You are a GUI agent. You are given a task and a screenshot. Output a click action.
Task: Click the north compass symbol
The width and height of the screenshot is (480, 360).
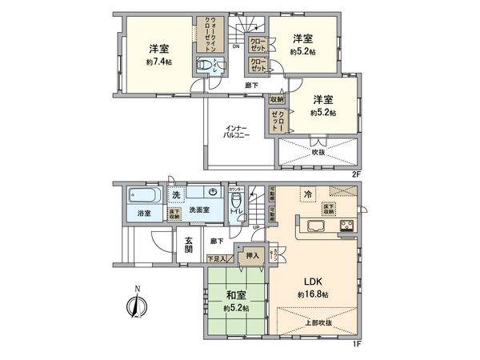(x=134, y=305)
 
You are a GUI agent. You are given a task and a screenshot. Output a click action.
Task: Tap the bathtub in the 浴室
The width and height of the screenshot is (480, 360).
(x=144, y=195)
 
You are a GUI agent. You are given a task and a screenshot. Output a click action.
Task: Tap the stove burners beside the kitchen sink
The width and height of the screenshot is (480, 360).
(x=348, y=225)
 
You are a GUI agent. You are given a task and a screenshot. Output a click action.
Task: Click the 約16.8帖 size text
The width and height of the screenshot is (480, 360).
(x=314, y=294)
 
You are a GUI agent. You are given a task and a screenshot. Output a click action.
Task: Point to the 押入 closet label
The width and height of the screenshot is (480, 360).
(x=250, y=256)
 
